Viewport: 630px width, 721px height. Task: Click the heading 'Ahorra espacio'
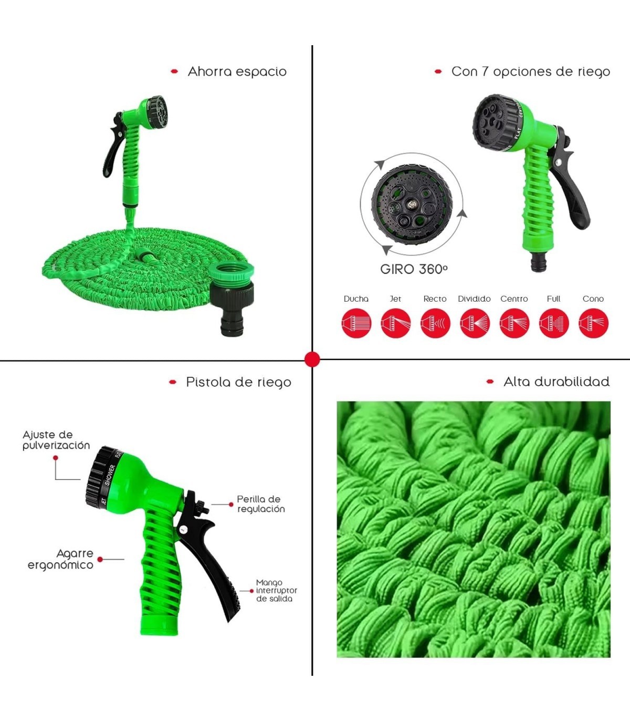(237, 71)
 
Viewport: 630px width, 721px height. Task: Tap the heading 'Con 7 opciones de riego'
(531, 72)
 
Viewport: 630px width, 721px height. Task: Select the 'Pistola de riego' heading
(239, 383)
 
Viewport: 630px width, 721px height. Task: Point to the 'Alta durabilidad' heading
(556, 382)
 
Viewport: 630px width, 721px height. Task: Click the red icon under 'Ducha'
(356, 323)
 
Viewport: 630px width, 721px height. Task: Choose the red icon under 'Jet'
(396, 323)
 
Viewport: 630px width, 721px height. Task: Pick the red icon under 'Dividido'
(475, 323)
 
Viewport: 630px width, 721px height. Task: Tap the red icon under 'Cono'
(593, 323)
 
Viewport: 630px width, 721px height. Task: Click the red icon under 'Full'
(554, 323)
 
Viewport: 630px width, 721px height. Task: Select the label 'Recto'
(435, 299)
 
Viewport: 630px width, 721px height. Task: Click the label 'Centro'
(514, 299)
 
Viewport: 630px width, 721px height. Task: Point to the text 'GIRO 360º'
(414, 269)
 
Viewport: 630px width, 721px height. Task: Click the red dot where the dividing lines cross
(312, 360)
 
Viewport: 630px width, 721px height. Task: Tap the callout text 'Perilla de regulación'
(261, 504)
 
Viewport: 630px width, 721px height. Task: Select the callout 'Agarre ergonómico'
(60, 559)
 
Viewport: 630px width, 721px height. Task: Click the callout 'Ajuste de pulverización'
(56, 440)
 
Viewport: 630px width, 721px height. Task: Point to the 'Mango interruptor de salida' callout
(277, 591)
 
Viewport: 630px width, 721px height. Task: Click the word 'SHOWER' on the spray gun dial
(110, 475)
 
